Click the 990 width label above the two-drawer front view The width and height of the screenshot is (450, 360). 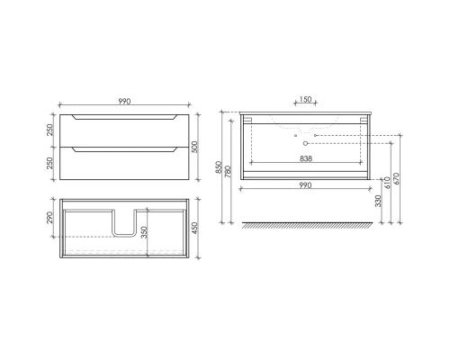123,101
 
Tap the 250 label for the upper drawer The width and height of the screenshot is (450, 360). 48,130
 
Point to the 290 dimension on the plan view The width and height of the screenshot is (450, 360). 49,219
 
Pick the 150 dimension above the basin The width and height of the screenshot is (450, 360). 305,101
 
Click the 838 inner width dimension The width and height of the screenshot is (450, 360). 305,155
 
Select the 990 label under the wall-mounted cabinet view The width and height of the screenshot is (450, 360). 305,185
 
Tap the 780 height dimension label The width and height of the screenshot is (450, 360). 231,170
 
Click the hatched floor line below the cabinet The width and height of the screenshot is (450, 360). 305,225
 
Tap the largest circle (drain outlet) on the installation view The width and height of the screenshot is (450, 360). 306,143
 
